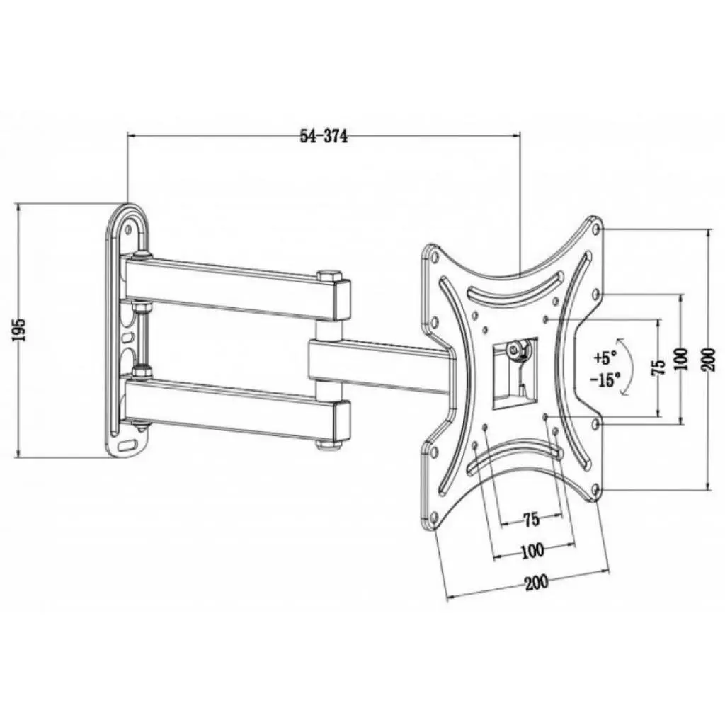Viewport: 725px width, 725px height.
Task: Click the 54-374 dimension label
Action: point(324,137)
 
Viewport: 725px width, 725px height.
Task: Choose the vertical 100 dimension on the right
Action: point(681,360)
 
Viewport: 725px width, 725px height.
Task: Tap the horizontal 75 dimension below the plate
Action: point(531,520)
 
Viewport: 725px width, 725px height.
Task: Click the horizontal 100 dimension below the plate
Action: point(532,549)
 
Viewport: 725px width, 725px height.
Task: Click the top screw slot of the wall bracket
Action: point(129,227)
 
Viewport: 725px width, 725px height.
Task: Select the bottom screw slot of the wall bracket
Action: point(128,445)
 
